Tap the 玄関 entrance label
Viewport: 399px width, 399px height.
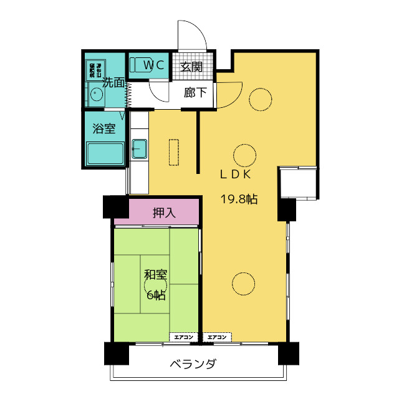click(x=191, y=67)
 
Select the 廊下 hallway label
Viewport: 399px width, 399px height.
click(x=195, y=94)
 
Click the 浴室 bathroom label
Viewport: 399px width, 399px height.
click(x=103, y=129)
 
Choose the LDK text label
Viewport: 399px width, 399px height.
click(x=234, y=175)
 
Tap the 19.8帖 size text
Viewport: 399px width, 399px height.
click(x=239, y=199)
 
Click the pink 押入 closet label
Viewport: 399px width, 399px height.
click(x=164, y=213)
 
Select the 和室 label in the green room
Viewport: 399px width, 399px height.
click(x=155, y=275)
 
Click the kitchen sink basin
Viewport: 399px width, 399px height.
click(x=139, y=149)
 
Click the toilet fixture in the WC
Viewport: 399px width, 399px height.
click(x=138, y=64)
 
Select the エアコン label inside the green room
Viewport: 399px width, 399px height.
click(x=185, y=337)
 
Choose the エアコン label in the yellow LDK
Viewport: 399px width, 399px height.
click(x=217, y=337)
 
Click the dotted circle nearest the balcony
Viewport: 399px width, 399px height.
click(x=243, y=284)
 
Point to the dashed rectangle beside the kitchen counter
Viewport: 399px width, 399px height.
click(x=173, y=152)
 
